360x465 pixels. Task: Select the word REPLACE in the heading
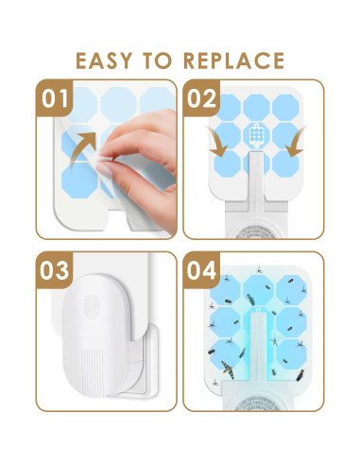[234, 60]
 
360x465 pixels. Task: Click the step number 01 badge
[55, 98]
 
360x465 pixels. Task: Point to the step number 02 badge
[202, 98]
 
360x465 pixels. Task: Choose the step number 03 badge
[55, 270]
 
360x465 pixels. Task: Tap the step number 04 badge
[201, 270]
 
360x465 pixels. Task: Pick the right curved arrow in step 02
[296, 142]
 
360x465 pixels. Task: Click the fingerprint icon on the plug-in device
[92, 305]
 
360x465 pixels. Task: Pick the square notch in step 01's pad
[119, 220]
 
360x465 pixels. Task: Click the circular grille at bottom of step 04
[256, 404]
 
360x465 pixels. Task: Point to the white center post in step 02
[256, 181]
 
